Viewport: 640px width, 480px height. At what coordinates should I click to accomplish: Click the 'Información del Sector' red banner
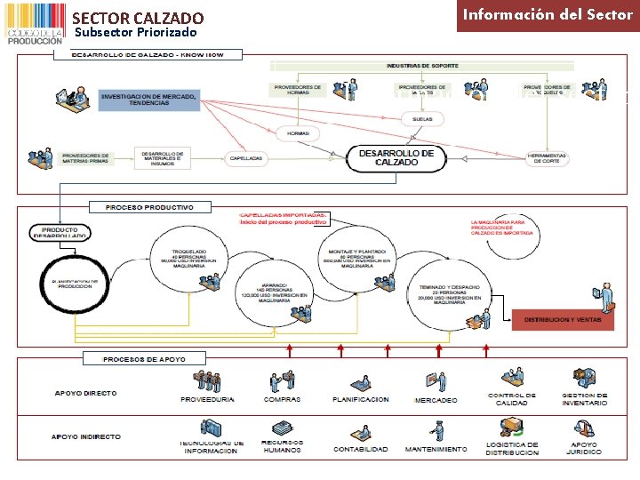click(x=548, y=15)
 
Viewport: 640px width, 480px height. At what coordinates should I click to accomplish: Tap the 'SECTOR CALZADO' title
click(x=138, y=18)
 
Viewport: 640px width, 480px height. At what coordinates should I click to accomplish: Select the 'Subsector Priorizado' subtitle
click(x=135, y=32)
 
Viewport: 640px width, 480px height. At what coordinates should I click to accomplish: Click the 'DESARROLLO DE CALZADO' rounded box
click(x=396, y=158)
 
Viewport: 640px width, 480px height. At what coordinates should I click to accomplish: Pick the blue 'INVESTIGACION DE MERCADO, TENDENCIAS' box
click(x=149, y=99)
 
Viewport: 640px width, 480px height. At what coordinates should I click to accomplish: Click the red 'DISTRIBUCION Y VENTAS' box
click(x=563, y=318)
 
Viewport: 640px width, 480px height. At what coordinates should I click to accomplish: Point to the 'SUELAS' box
click(x=422, y=118)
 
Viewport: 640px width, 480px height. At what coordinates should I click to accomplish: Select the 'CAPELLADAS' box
click(x=245, y=157)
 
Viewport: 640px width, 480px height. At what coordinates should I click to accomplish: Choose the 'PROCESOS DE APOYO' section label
click(x=145, y=358)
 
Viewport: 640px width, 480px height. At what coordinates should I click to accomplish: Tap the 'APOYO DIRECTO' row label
click(x=85, y=393)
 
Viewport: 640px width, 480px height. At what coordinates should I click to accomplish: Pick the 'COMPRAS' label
click(x=282, y=399)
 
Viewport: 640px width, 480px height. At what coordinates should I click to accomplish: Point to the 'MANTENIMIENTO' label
click(x=435, y=449)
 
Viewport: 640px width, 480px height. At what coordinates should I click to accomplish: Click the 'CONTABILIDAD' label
click(x=360, y=449)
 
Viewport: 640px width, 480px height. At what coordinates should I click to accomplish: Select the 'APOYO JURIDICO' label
click(x=584, y=448)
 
